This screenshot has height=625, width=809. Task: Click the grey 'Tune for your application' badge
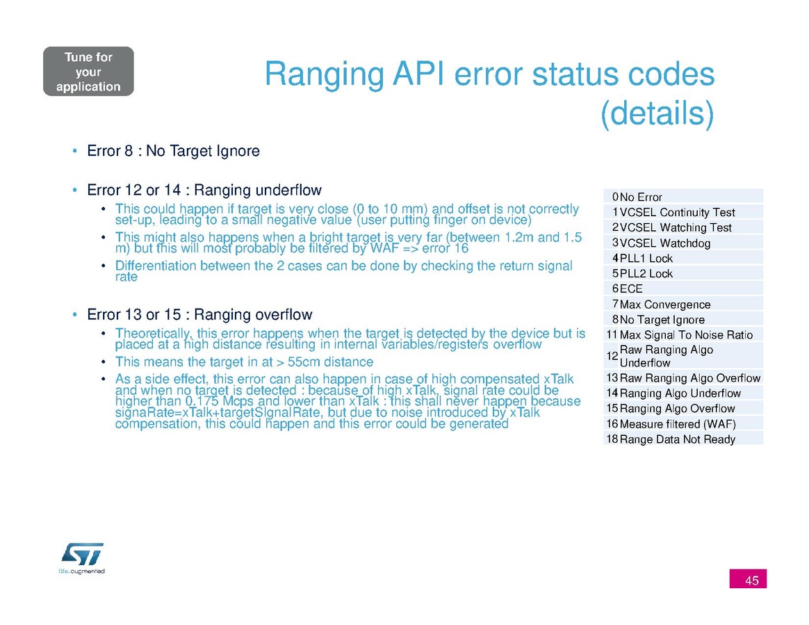(x=88, y=71)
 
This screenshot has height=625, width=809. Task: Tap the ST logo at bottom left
(x=82, y=558)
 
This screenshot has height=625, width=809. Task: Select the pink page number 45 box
(x=748, y=578)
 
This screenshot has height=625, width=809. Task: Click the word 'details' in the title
(x=657, y=113)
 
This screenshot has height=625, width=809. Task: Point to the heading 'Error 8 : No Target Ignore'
(x=173, y=151)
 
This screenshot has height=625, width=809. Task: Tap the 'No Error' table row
(x=683, y=197)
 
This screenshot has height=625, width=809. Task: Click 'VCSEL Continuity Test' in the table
(x=677, y=212)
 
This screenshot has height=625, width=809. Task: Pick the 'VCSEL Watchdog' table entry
(x=664, y=243)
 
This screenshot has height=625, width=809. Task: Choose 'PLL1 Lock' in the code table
(x=646, y=258)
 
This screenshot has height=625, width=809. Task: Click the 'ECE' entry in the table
(x=631, y=289)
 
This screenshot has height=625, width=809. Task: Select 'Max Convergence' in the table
(x=665, y=304)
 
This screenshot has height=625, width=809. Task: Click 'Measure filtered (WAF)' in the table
(x=678, y=423)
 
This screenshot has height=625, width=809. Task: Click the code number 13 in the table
(x=612, y=378)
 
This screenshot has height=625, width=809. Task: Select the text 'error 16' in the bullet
(x=446, y=248)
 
